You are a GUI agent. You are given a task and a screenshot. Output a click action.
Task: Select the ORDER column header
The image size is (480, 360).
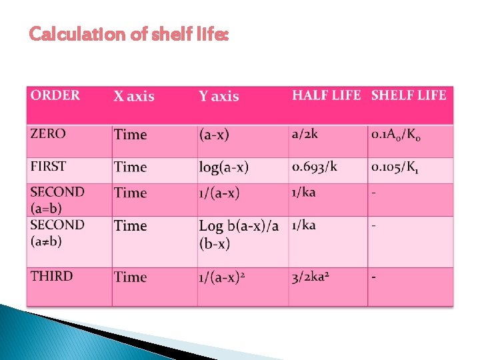coord(55,95)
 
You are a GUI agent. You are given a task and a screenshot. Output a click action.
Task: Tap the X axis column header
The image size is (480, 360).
coord(133,97)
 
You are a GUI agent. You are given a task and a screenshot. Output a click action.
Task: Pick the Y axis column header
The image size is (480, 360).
coord(219,97)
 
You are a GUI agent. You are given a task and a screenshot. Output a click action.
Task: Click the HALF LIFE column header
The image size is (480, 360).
coord(326,95)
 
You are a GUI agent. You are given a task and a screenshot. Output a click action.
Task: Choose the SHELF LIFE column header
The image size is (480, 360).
coord(409,95)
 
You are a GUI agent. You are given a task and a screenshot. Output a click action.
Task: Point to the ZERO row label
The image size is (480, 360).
coord(48,133)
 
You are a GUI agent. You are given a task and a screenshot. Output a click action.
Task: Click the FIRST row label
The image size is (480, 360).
coord(49,165)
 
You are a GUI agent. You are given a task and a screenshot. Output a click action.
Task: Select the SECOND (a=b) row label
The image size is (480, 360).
coord(57,199)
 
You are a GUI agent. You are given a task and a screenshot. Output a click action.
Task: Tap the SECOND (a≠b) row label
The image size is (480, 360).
coord(57,232)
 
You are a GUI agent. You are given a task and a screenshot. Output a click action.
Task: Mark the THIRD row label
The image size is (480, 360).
coord(51,276)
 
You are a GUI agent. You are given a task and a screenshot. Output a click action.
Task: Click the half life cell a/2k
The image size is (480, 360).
coord(305,134)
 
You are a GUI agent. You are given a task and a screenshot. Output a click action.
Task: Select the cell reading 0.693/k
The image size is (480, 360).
coord(314,166)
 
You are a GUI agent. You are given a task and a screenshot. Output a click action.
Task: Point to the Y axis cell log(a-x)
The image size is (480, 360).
coord(223,167)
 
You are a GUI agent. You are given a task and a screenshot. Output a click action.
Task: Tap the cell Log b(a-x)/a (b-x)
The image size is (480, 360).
coord(239,234)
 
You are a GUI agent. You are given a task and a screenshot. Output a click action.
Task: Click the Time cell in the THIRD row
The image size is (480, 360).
coord(130,277)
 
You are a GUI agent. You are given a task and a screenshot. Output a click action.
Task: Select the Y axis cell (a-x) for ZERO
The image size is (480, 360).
coord(213,135)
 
